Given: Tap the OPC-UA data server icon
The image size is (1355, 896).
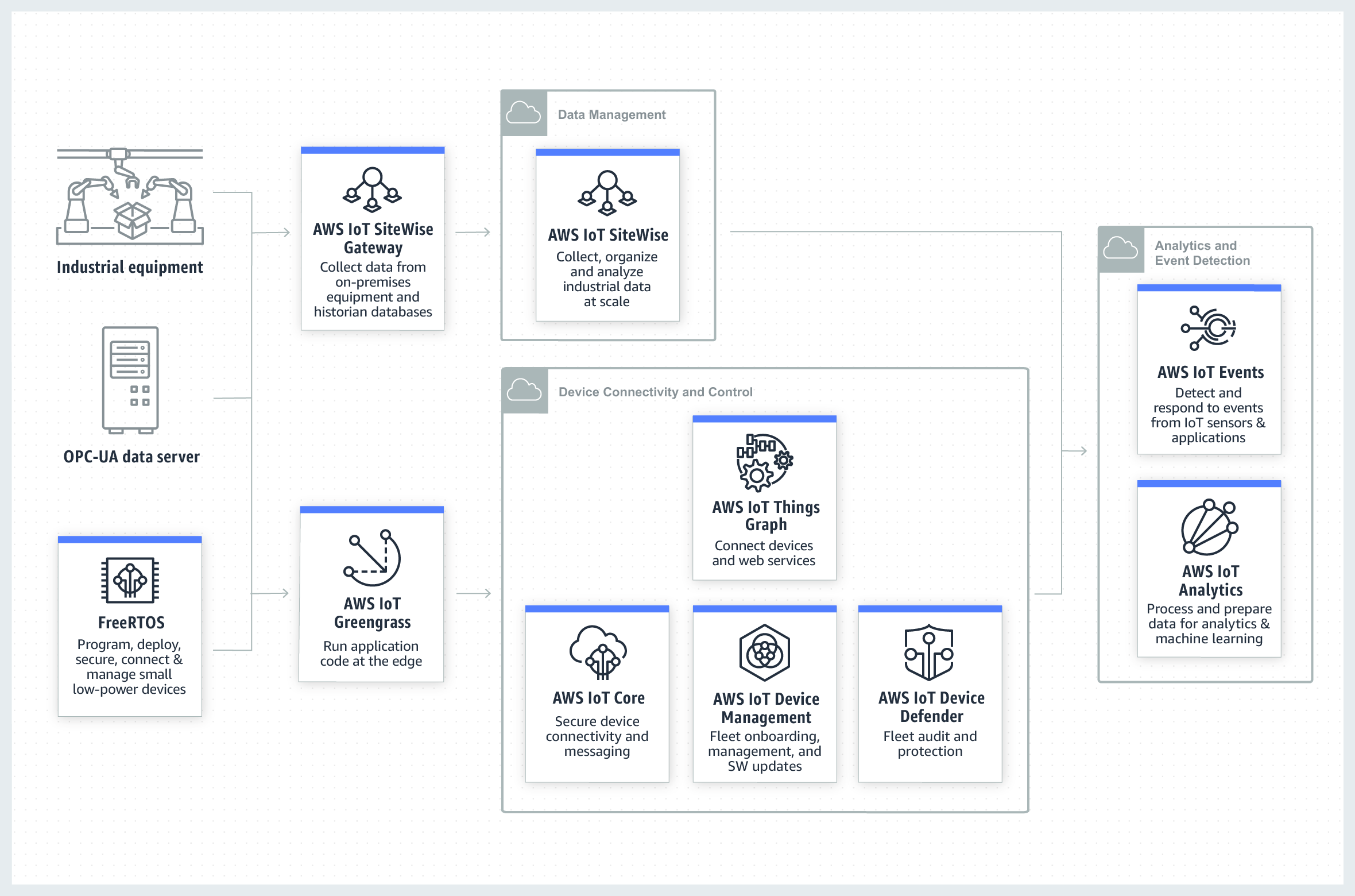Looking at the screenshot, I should click(130, 379).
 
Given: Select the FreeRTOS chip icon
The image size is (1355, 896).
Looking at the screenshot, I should click(130, 580).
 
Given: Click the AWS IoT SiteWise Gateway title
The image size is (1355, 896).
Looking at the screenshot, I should click(373, 238).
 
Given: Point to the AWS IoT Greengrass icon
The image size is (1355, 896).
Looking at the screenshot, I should click(372, 557).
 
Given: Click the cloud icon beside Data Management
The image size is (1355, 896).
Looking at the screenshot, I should click(524, 113).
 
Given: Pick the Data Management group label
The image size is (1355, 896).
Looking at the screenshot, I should click(611, 115).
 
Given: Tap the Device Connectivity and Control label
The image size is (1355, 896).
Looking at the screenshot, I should click(655, 392).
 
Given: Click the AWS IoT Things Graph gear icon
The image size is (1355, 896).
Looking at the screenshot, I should click(764, 462).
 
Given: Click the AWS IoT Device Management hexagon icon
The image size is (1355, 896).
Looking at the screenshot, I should click(765, 653).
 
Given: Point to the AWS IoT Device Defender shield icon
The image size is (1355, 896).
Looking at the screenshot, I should click(929, 653).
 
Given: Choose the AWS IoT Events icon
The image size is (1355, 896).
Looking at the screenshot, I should click(1209, 328).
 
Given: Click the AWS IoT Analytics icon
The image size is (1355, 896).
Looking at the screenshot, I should click(1209, 527).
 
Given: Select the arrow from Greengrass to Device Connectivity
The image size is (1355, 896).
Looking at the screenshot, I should click(474, 593).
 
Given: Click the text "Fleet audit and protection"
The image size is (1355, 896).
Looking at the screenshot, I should click(930, 744).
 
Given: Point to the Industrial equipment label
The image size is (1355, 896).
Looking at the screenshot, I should click(130, 268).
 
